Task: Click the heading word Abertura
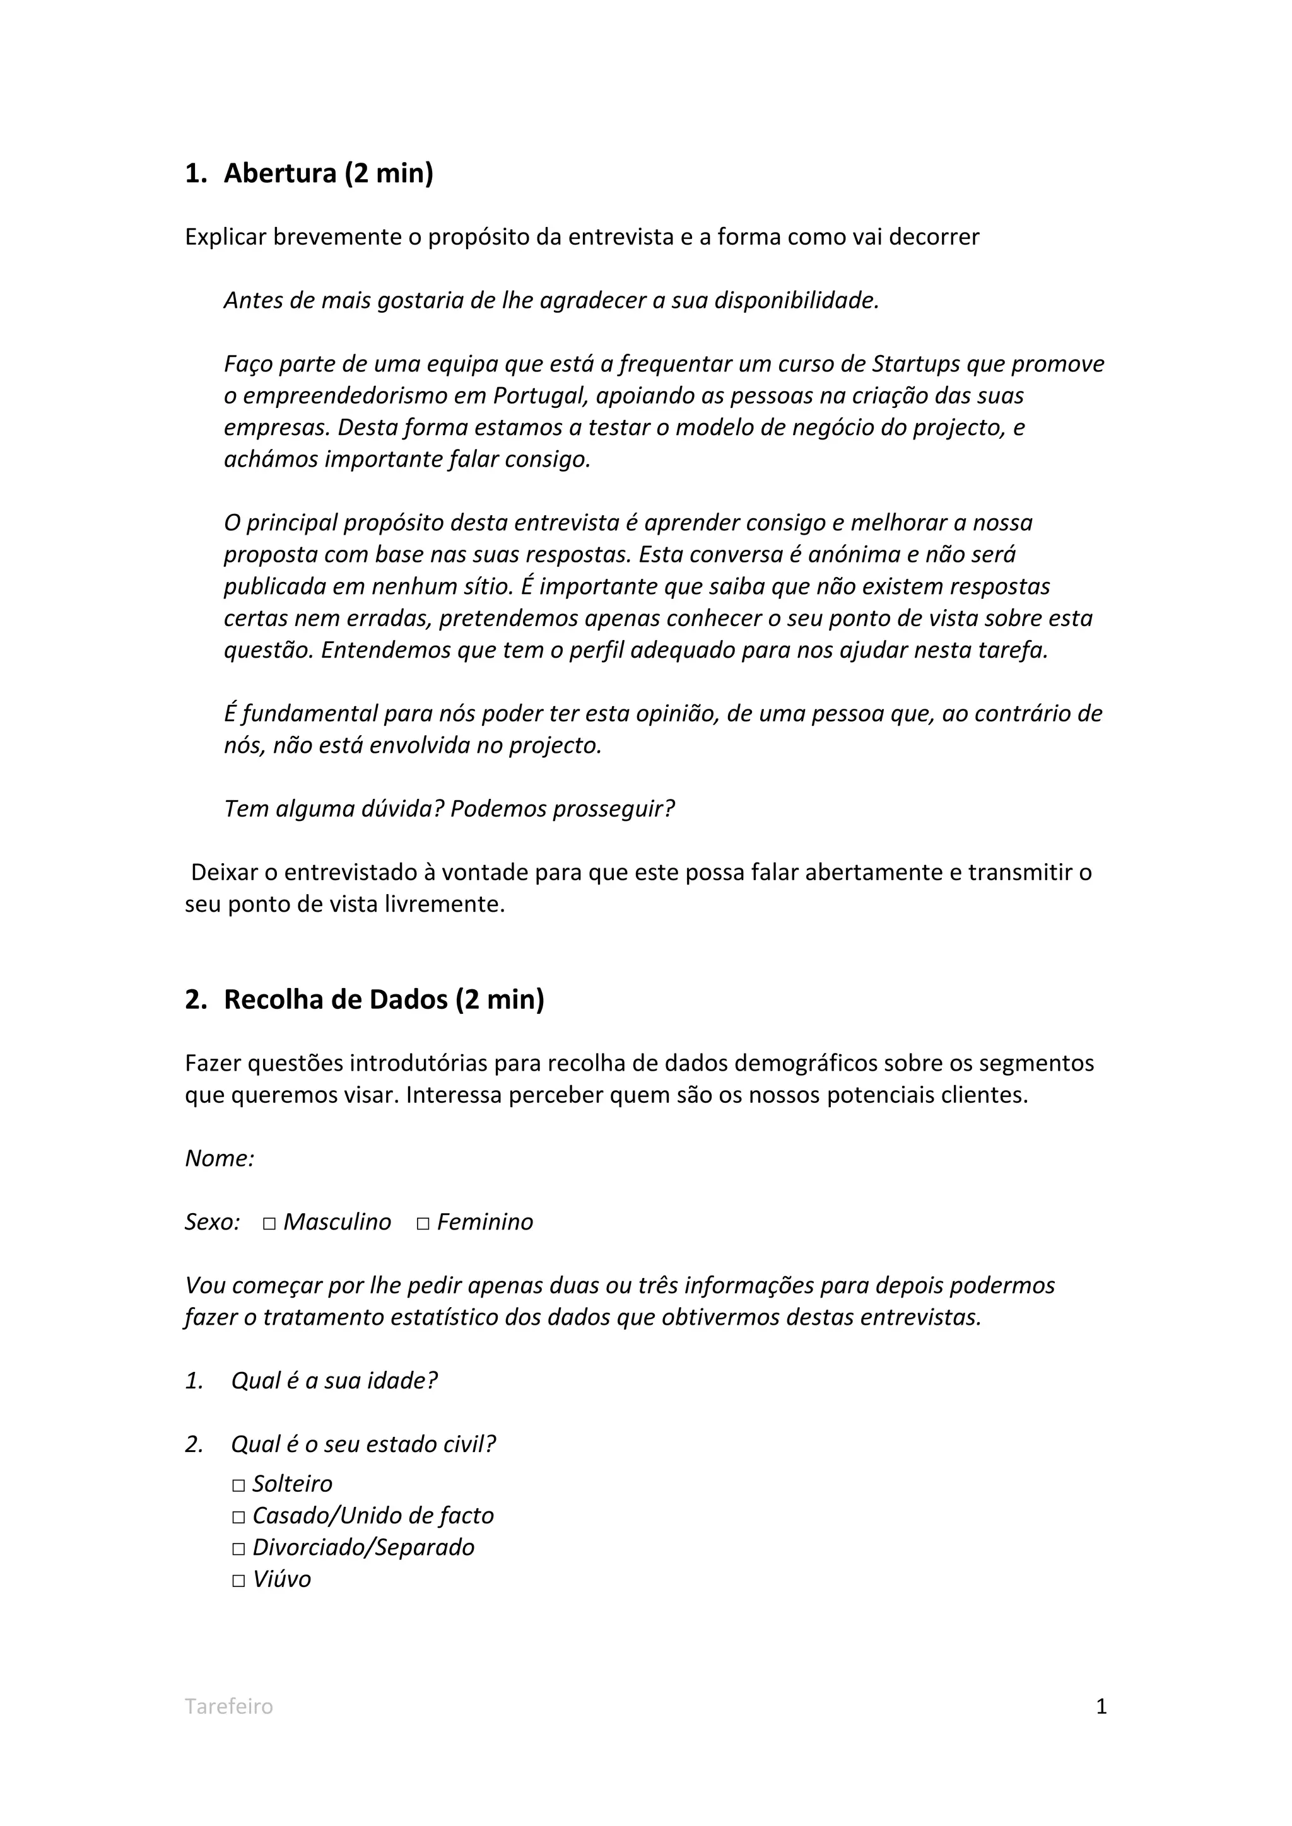pos(280,173)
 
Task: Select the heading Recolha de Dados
pos(336,999)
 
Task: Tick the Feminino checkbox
pos(423,1223)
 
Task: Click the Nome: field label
pos(220,1159)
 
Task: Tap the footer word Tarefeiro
pos(229,1706)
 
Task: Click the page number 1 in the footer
pos(1101,1706)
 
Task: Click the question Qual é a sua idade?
pos(334,1381)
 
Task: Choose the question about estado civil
pos(363,1445)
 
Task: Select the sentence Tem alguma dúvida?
pos(334,809)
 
